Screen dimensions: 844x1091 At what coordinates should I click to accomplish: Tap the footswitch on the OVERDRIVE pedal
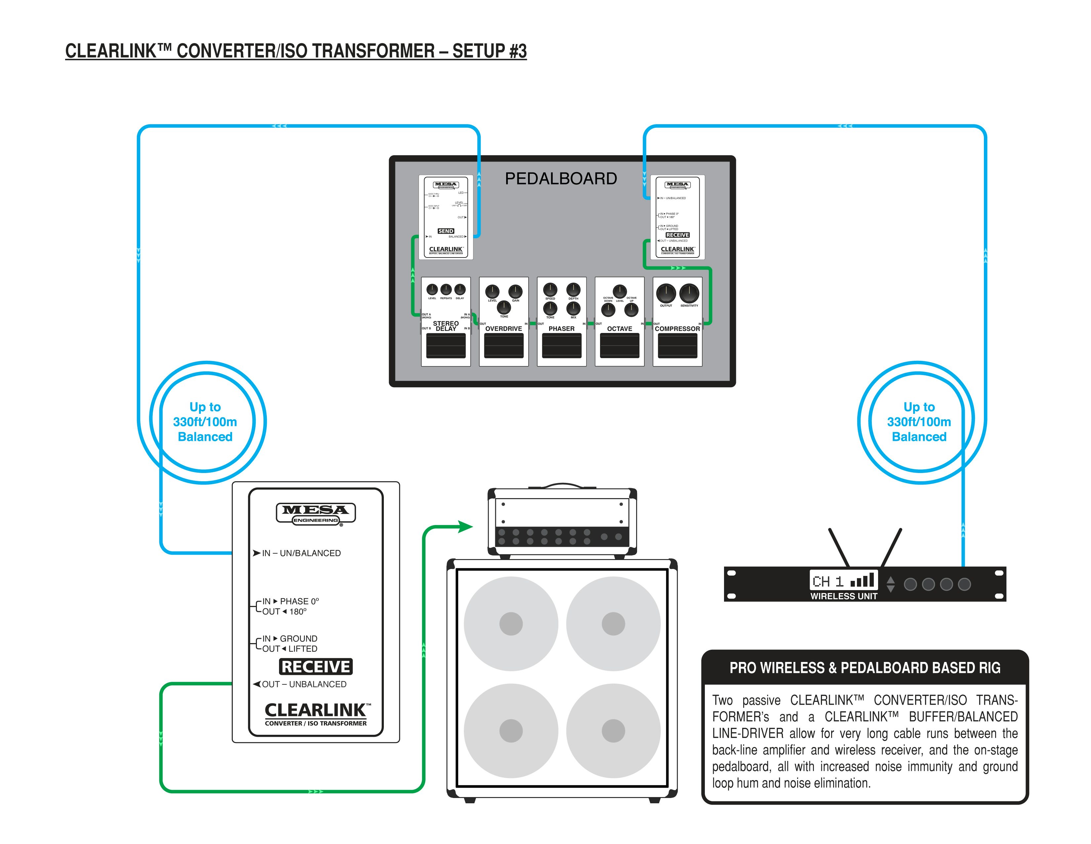504,346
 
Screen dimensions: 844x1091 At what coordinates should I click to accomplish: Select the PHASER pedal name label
561,329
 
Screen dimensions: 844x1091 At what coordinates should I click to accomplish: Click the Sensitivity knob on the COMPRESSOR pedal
689,293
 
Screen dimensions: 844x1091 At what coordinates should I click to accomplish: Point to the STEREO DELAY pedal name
446,326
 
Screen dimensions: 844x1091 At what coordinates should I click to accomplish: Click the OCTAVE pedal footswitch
620,346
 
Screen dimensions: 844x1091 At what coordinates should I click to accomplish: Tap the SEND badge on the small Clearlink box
446,231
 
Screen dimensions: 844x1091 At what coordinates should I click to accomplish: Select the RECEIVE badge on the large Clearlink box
316,667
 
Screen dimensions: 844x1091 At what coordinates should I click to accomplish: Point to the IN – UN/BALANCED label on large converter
301,553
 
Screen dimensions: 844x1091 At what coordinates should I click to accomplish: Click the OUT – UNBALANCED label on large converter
304,684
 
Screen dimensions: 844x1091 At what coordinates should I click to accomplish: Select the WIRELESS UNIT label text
844,596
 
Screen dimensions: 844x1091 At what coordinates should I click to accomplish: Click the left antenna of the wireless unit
839,547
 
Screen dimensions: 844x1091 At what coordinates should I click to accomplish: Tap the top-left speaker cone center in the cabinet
511,624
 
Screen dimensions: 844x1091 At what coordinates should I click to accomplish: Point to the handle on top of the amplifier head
562,485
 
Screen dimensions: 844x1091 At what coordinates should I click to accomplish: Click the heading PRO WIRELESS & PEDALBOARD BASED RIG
865,668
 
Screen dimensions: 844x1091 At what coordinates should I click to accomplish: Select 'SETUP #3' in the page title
490,51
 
